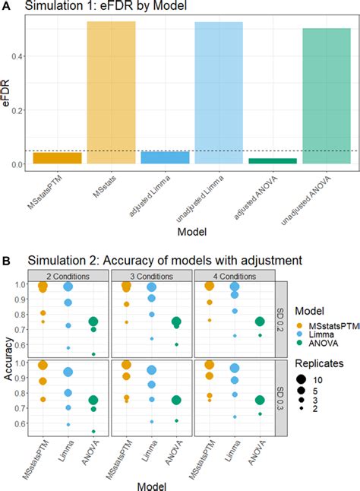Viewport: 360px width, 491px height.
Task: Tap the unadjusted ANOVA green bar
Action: click(327, 96)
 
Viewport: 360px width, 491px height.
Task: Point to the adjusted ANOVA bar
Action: click(273, 160)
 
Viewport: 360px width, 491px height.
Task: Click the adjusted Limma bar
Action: click(165, 157)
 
